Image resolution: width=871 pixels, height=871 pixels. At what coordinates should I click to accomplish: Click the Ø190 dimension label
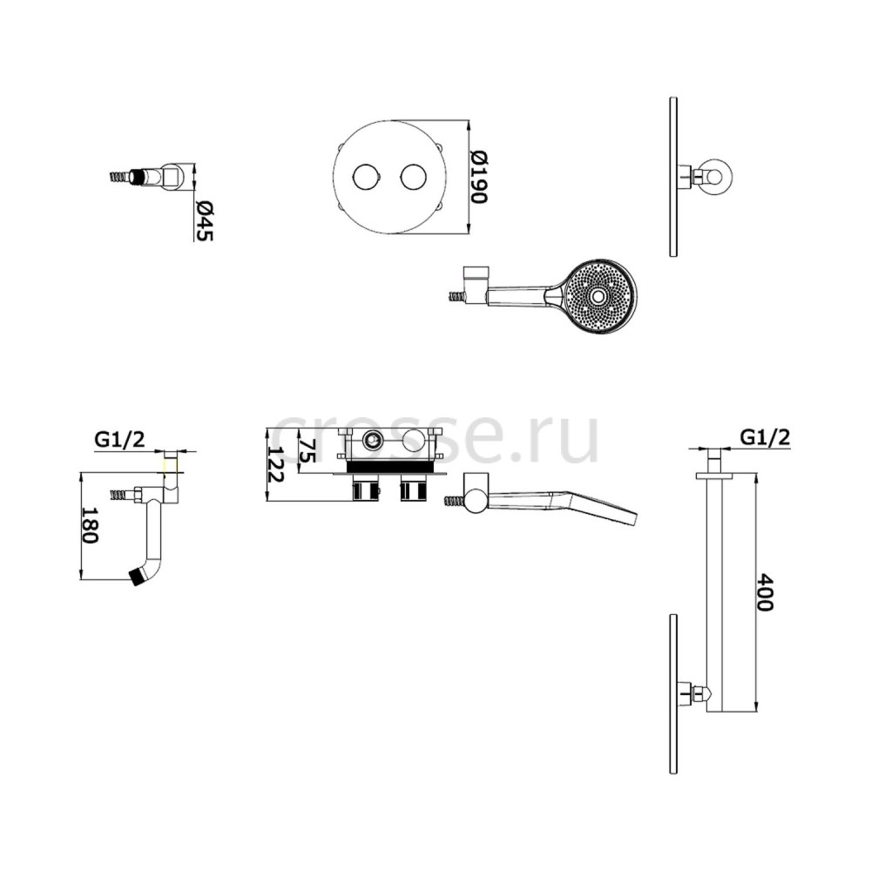[x=477, y=177]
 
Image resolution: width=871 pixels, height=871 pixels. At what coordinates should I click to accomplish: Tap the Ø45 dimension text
[x=204, y=220]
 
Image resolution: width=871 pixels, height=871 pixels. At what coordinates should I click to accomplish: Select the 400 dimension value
[x=765, y=592]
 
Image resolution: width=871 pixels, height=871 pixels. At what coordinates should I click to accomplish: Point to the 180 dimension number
[x=90, y=525]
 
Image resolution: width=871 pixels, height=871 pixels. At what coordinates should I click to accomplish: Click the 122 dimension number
[x=276, y=464]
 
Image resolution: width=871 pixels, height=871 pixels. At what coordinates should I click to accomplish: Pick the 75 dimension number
[x=307, y=450]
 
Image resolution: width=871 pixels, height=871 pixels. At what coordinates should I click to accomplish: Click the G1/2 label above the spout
[x=119, y=439]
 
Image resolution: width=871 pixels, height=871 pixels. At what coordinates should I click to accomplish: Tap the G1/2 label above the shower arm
[x=765, y=438]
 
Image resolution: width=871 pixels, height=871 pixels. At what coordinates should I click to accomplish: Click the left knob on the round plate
[x=366, y=177]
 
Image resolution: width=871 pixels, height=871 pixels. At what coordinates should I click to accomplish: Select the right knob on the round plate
[x=413, y=177]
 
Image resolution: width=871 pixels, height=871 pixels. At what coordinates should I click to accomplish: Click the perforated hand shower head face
[x=600, y=296]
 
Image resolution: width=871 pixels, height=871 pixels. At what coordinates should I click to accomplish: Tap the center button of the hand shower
[x=598, y=296]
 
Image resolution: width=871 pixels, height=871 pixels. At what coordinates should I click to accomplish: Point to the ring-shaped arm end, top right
[x=717, y=175]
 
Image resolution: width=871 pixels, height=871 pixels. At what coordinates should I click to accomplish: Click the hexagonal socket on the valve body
[x=370, y=442]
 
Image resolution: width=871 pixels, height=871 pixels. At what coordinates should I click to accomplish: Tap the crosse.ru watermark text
[x=436, y=438]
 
